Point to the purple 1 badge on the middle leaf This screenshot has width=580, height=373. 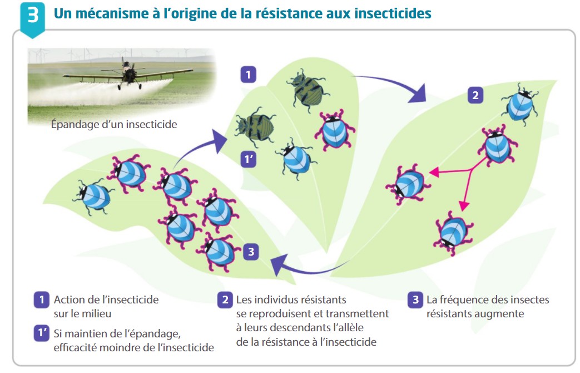point(248,75)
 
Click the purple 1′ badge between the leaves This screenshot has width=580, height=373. point(248,159)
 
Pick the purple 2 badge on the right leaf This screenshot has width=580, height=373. point(475,95)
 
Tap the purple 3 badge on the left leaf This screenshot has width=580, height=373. point(251,252)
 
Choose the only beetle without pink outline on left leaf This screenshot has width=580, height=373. point(94,197)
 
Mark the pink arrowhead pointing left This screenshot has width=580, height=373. point(434,172)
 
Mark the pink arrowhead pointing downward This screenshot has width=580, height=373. point(464,205)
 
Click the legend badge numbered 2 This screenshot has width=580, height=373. point(225,300)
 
